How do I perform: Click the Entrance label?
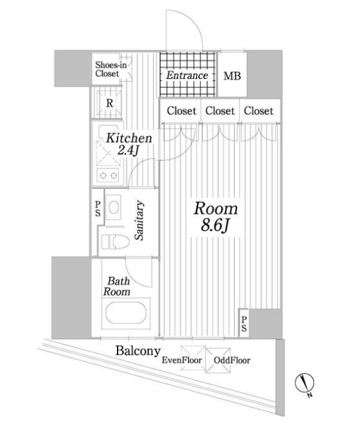(x=187, y=76)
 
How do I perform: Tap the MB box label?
(x=231, y=76)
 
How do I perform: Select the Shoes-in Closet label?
(x=107, y=69)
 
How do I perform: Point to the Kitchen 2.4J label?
(x=129, y=144)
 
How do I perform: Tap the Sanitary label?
(x=140, y=221)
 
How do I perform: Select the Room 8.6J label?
(x=216, y=218)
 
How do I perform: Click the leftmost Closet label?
(x=182, y=111)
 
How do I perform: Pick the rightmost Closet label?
(x=259, y=111)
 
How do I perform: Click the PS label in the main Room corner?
(x=244, y=323)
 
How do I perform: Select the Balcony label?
(x=138, y=351)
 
